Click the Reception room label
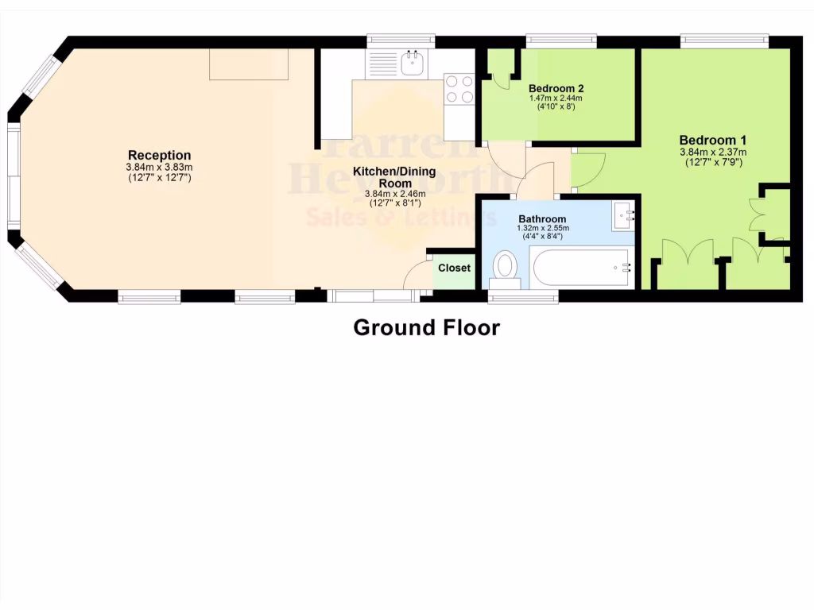(x=160, y=155)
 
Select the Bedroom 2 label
(x=556, y=88)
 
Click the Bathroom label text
(x=542, y=219)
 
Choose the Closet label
(x=454, y=268)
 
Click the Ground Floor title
(x=427, y=327)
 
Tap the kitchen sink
(x=413, y=64)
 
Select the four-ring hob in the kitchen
(x=459, y=89)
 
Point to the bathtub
(x=583, y=268)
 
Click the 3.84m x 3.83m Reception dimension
(x=160, y=168)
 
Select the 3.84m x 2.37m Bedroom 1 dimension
(x=712, y=152)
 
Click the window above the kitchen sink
(x=401, y=39)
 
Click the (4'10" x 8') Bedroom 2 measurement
(x=556, y=106)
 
